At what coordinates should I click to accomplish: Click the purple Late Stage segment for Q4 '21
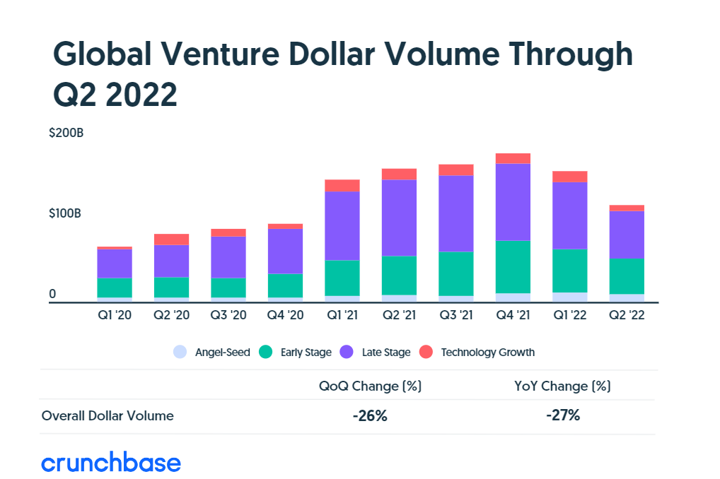tap(513, 202)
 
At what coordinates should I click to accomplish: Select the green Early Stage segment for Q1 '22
tap(570, 271)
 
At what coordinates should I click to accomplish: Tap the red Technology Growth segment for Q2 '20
tap(171, 239)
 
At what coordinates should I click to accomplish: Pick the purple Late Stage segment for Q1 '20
tap(115, 264)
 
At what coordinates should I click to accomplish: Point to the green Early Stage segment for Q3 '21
tap(456, 273)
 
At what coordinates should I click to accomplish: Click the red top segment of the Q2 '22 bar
tap(627, 208)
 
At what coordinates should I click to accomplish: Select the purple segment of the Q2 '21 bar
tap(399, 218)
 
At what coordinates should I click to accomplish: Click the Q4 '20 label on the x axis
tap(285, 316)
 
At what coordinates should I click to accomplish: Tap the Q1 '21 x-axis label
tap(342, 316)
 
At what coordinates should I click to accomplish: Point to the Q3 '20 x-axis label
tap(228, 316)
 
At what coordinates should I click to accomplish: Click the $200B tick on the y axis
tap(66, 133)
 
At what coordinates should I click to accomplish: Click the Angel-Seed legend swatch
tap(180, 352)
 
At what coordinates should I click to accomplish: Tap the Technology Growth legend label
tap(487, 352)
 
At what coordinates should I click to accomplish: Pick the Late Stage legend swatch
tap(347, 352)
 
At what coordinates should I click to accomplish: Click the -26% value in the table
tap(370, 416)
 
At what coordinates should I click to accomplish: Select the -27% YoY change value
tap(563, 415)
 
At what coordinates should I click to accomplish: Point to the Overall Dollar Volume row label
tap(108, 416)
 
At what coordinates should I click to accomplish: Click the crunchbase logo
tap(111, 463)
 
